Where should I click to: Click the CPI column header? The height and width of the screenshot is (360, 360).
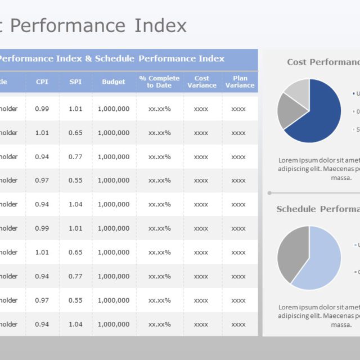click(42, 82)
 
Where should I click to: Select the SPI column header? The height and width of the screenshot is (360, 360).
click(75, 82)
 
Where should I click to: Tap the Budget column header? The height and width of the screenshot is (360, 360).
click(114, 82)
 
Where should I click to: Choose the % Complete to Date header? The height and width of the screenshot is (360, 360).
click(159, 82)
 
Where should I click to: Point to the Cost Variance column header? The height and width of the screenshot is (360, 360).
click(201, 82)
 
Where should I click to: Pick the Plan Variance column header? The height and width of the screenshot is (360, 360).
click(240, 82)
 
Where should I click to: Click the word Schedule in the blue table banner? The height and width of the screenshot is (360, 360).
click(115, 59)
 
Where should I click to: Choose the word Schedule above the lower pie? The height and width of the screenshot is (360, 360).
click(296, 209)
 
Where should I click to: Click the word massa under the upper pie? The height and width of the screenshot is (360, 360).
click(341, 178)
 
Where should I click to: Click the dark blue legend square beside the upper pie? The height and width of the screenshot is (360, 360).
click(353, 93)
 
